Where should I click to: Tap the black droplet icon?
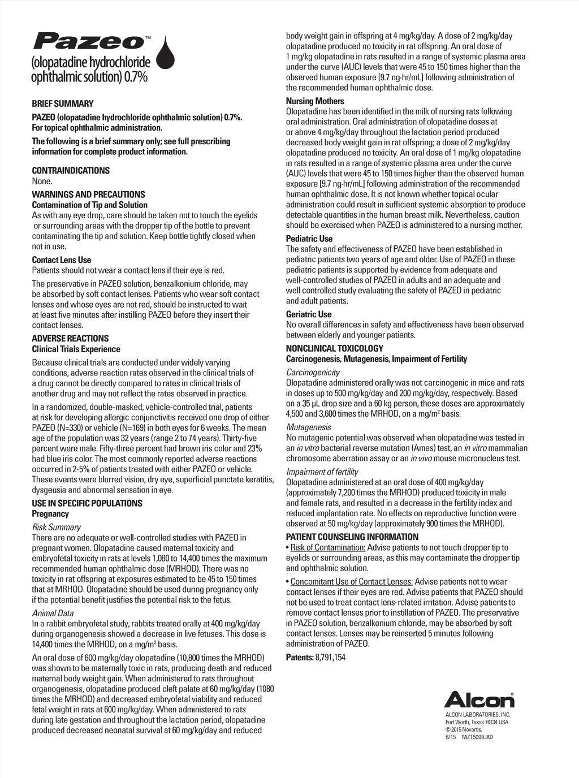tap(166, 55)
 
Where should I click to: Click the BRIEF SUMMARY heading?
tap(63, 103)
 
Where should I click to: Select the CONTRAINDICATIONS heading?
tap(71, 171)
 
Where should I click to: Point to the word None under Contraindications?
tap(42, 181)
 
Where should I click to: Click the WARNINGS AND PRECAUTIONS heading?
tap(88, 194)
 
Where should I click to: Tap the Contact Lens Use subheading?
tap(61, 260)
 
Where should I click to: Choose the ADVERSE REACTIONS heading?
tap(70, 339)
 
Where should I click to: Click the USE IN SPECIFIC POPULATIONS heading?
tap(87, 503)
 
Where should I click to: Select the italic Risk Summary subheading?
tap(56, 527)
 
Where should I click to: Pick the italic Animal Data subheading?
tap(53, 613)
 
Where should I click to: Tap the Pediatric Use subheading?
tap(309, 239)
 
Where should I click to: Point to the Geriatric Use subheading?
tap(309, 314)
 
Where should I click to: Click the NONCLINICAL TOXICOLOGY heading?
tap(334, 349)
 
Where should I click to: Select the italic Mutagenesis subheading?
tap(308, 427)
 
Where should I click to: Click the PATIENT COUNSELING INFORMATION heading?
tap(352, 537)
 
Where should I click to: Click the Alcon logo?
tap(479, 700)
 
